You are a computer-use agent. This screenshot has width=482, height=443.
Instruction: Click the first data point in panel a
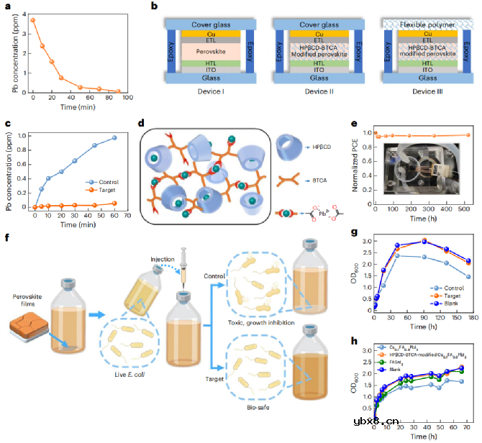pyautogui.click(x=33, y=20)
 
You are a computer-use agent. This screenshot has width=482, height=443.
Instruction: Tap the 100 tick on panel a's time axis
pyautogui.click(x=127, y=97)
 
